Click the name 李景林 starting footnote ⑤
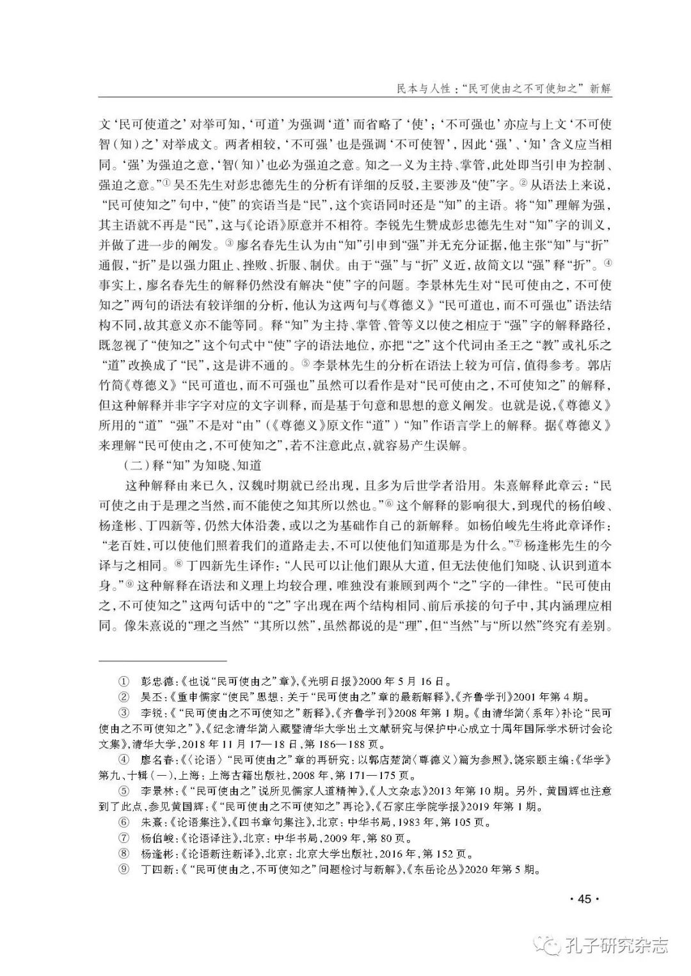154,791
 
